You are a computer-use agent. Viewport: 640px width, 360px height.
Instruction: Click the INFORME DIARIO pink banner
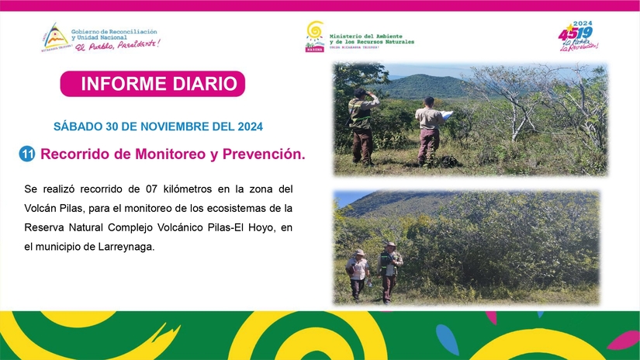click(x=153, y=84)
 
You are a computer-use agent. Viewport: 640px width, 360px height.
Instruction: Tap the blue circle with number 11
click(x=27, y=154)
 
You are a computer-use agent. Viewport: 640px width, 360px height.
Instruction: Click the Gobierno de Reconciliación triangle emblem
click(x=54, y=36)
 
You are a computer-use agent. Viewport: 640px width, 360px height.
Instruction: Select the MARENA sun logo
click(x=314, y=36)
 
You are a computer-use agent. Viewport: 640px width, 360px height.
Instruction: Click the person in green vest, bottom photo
click(x=390, y=269)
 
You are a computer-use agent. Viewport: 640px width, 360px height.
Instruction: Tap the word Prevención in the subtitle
click(x=260, y=154)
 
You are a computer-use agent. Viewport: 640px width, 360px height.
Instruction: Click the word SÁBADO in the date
click(x=74, y=126)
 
